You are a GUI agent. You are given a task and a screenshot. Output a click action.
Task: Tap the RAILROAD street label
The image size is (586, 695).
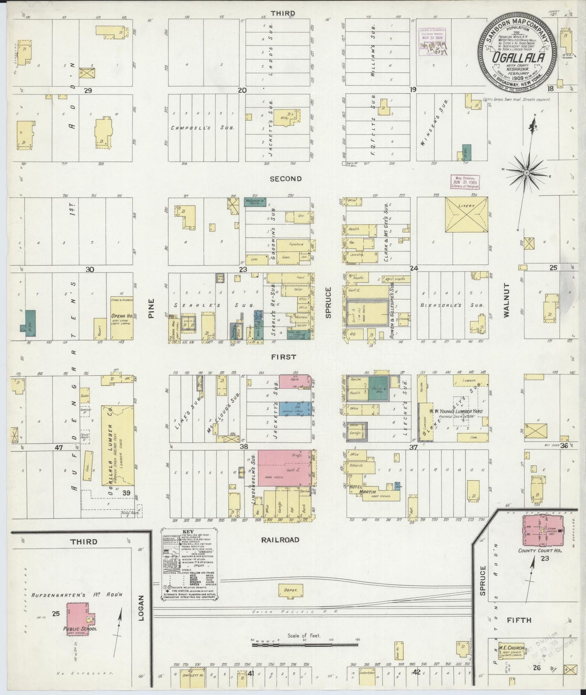(x=280, y=540)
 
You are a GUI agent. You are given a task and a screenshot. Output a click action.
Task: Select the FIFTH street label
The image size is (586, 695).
(x=519, y=620)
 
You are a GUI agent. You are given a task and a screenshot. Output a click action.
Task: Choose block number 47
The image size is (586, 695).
(x=60, y=447)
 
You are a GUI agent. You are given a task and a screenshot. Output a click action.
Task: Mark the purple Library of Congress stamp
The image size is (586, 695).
(x=433, y=42)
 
